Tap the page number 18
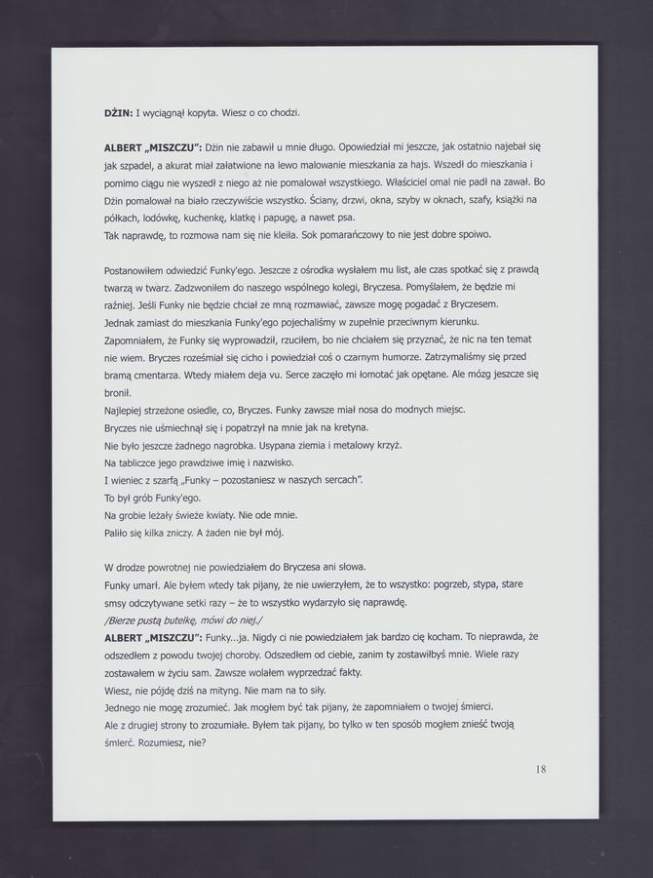point(541,769)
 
